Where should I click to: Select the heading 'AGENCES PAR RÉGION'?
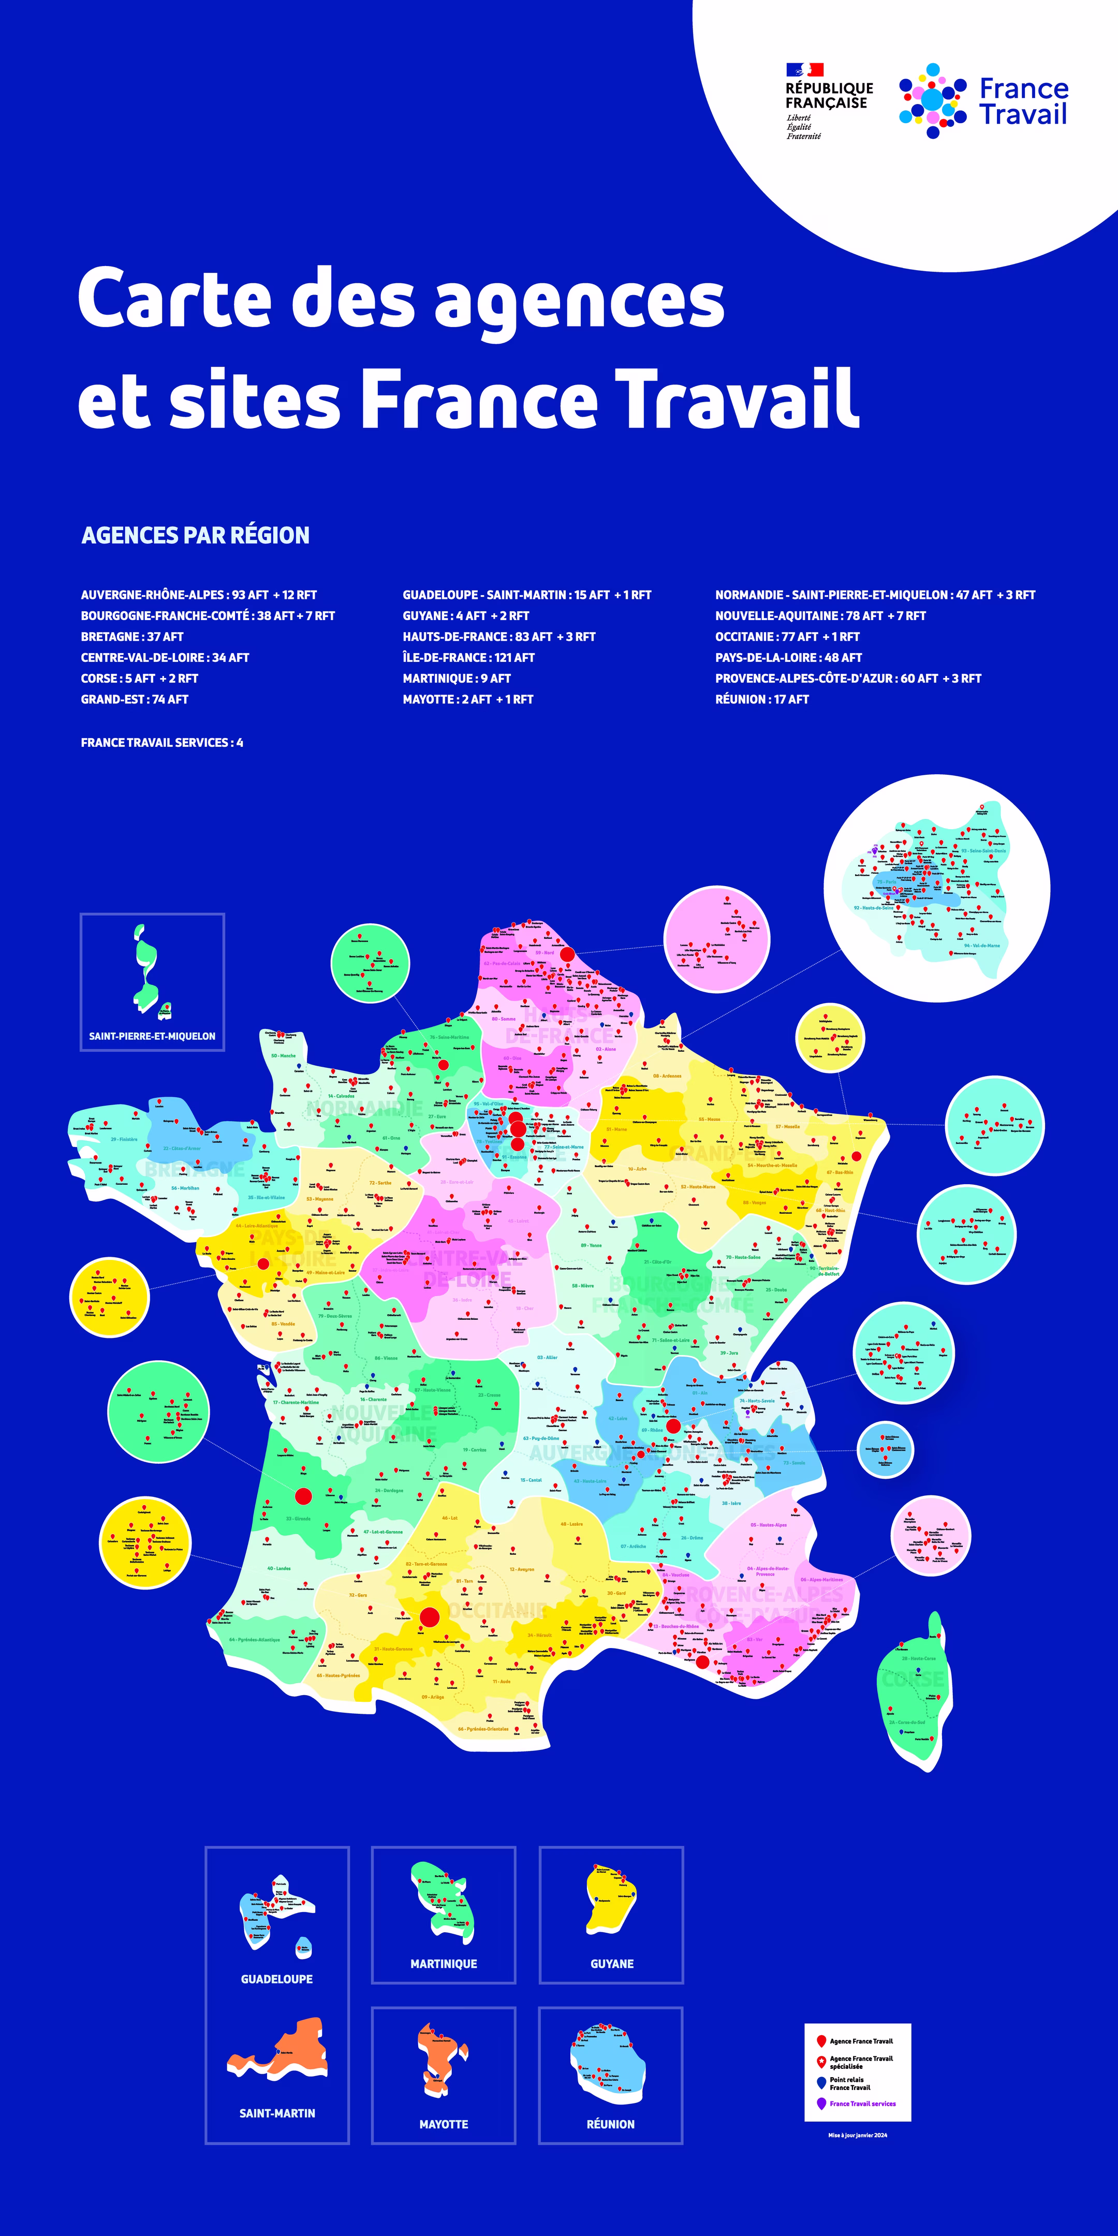pyautogui.click(x=195, y=535)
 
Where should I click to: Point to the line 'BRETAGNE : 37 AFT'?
pyautogui.click(x=132, y=636)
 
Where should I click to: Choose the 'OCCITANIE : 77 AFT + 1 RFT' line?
pyautogui.click(x=787, y=636)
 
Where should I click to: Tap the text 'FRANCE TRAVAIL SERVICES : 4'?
pyautogui.click(x=161, y=742)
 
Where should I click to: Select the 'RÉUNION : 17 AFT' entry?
pyautogui.click(x=761, y=699)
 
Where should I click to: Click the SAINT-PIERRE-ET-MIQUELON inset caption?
pyautogui.click(x=152, y=1036)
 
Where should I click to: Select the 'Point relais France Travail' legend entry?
pyautogui.click(x=850, y=2083)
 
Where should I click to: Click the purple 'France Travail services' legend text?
pyautogui.click(x=862, y=2103)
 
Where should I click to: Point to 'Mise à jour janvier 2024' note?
pyautogui.click(x=858, y=2135)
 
